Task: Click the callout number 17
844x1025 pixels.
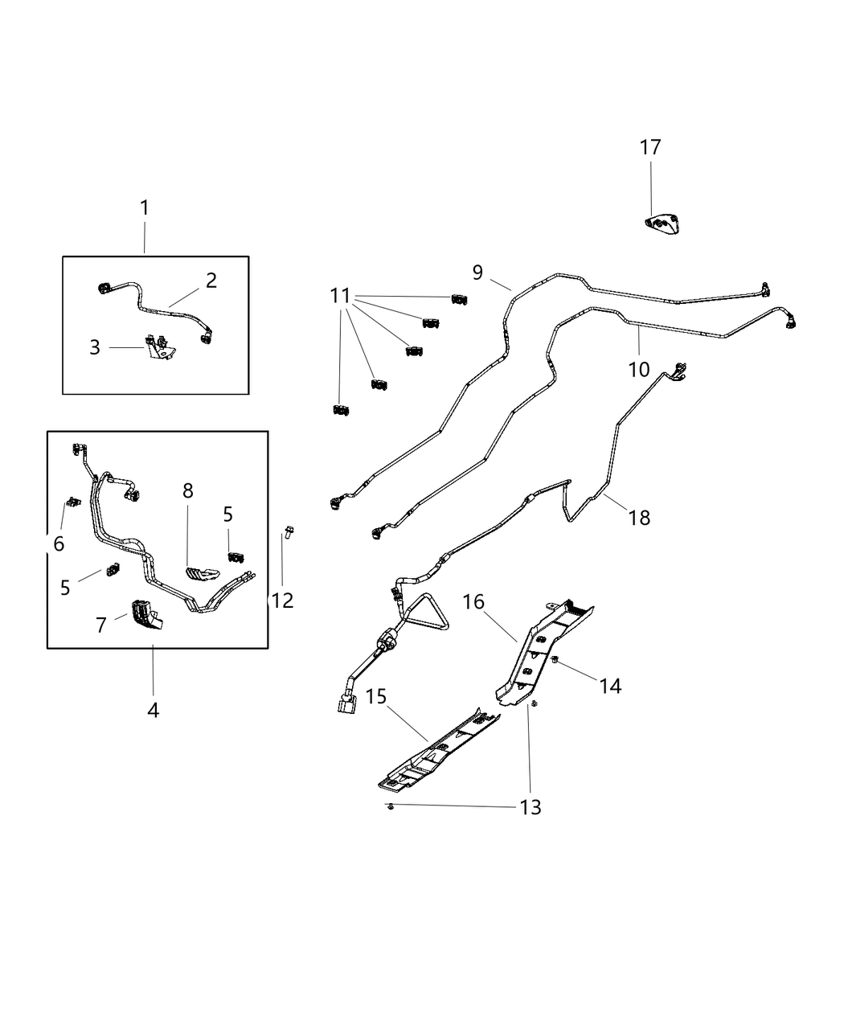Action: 650,148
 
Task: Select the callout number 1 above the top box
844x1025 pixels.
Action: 145,208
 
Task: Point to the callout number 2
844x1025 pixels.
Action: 211,281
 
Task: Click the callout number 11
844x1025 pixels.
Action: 341,296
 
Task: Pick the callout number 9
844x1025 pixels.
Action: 477,273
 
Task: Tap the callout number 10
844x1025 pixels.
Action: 639,370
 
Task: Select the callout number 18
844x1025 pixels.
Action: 640,518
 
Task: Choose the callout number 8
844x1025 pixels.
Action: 188,491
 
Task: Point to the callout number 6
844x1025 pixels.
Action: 59,544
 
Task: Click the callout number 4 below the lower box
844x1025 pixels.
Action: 153,711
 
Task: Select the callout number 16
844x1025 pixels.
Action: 474,602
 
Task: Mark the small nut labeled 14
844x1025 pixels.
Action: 555,661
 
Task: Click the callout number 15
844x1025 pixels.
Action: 377,697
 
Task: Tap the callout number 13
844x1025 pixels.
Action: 531,806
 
